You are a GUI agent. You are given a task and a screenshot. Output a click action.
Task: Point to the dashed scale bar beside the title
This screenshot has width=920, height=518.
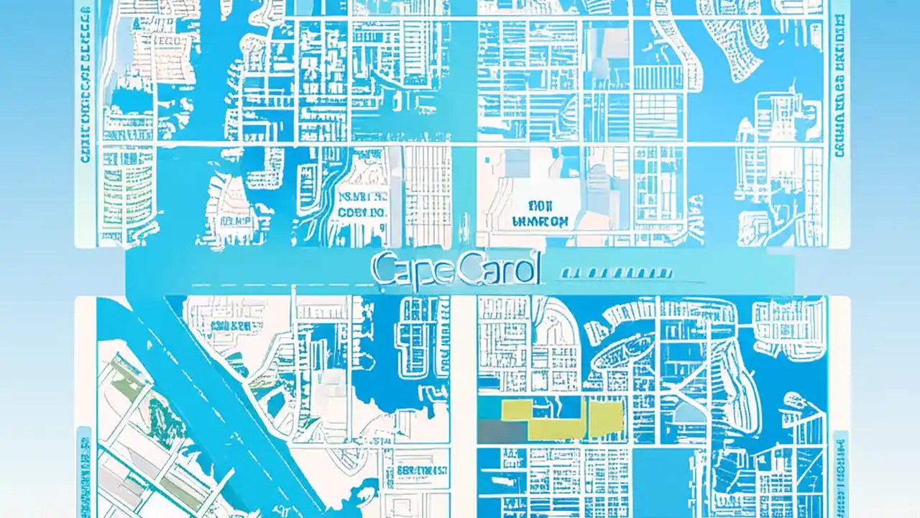pos(616,273)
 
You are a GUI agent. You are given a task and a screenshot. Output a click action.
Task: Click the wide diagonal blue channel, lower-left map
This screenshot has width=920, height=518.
pos(216,403)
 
